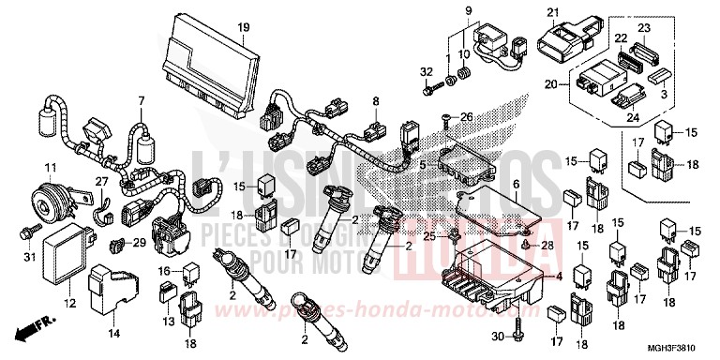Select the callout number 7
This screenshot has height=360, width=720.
tap(141, 100)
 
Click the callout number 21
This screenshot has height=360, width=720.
tap(551, 12)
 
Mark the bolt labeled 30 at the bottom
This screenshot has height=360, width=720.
tap(517, 335)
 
